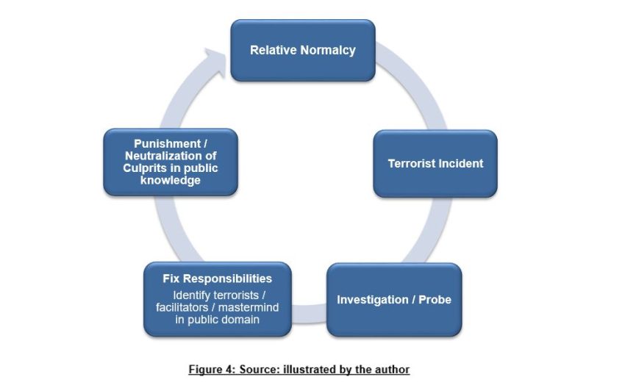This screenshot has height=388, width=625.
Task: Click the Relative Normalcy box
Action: pyautogui.click(x=302, y=50)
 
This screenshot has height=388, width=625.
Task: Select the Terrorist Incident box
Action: pyautogui.click(x=435, y=163)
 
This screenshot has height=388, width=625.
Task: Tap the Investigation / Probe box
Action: pyautogui.click(x=394, y=299)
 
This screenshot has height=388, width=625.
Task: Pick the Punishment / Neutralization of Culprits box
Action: pyautogui.click(x=170, y=162)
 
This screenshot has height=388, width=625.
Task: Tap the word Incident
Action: pyautogui.click(x=461, y=163)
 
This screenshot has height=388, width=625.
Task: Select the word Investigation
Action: pyautogui.click(x=371, y=300)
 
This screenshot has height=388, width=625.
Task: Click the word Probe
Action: pyautogui.click(x=436, y=300)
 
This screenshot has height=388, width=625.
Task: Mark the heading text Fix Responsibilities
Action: pyautogui.click(x=217, y=279)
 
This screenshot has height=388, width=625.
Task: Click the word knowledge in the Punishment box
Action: pyautogui.click(x=170, y=181)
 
